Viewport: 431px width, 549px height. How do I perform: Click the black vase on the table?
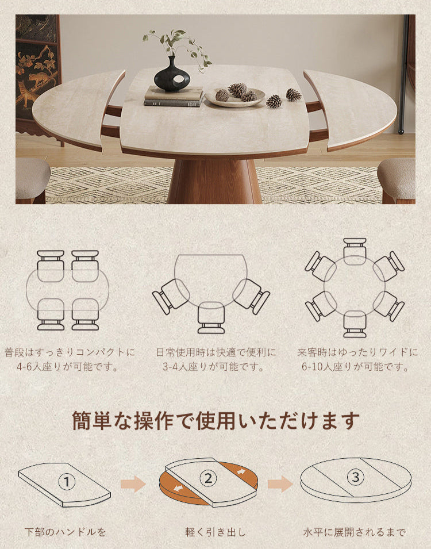172,75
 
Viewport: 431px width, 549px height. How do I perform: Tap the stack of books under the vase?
174,96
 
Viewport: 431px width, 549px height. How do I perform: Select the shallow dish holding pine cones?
234,97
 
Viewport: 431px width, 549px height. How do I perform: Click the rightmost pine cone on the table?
294,94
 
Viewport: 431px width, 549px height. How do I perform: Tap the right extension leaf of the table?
350,109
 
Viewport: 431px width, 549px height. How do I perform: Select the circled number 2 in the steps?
209,478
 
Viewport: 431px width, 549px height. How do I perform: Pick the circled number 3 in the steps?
356,477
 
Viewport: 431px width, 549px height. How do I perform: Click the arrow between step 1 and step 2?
133,484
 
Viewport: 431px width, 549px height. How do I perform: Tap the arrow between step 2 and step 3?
280,484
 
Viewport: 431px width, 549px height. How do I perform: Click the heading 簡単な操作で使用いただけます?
215,420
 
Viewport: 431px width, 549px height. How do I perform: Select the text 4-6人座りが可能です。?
67,367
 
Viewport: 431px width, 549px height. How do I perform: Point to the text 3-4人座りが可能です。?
214,367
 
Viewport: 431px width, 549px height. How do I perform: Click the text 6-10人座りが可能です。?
356,367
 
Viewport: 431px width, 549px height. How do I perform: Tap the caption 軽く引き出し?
215,532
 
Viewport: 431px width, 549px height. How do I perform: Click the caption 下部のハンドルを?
65,532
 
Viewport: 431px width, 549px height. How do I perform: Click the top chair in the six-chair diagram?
355,251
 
